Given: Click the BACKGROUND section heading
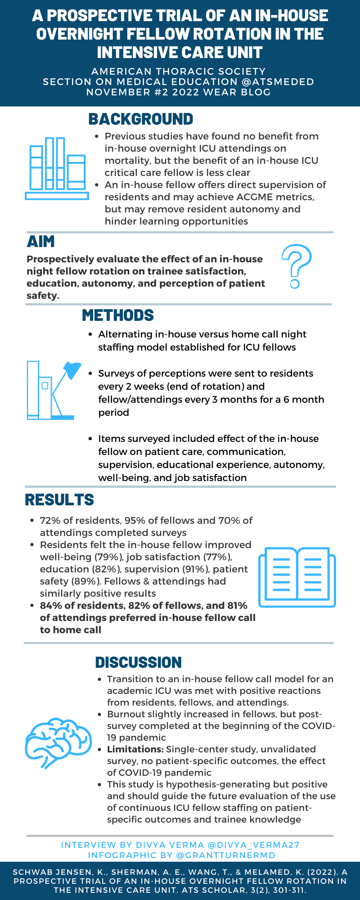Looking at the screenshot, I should pyautogui.click(x=140, y=119).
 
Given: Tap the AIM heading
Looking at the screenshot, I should pyautogui.click(x=40, y=242).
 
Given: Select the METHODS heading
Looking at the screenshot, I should pyautogui.click(x=118, y=315).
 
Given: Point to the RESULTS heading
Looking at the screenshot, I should pyautogui.click(x=59, y=500).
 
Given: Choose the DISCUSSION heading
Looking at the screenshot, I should pyautogui.click(x=138, y=662).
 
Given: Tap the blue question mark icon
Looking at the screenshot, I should pyautogui.click(x=296, y=265).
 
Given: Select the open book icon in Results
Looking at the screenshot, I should pyautogui.click(x=297, y=577).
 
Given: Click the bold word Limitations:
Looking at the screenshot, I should pyautogui.click(x=135, y=749).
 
